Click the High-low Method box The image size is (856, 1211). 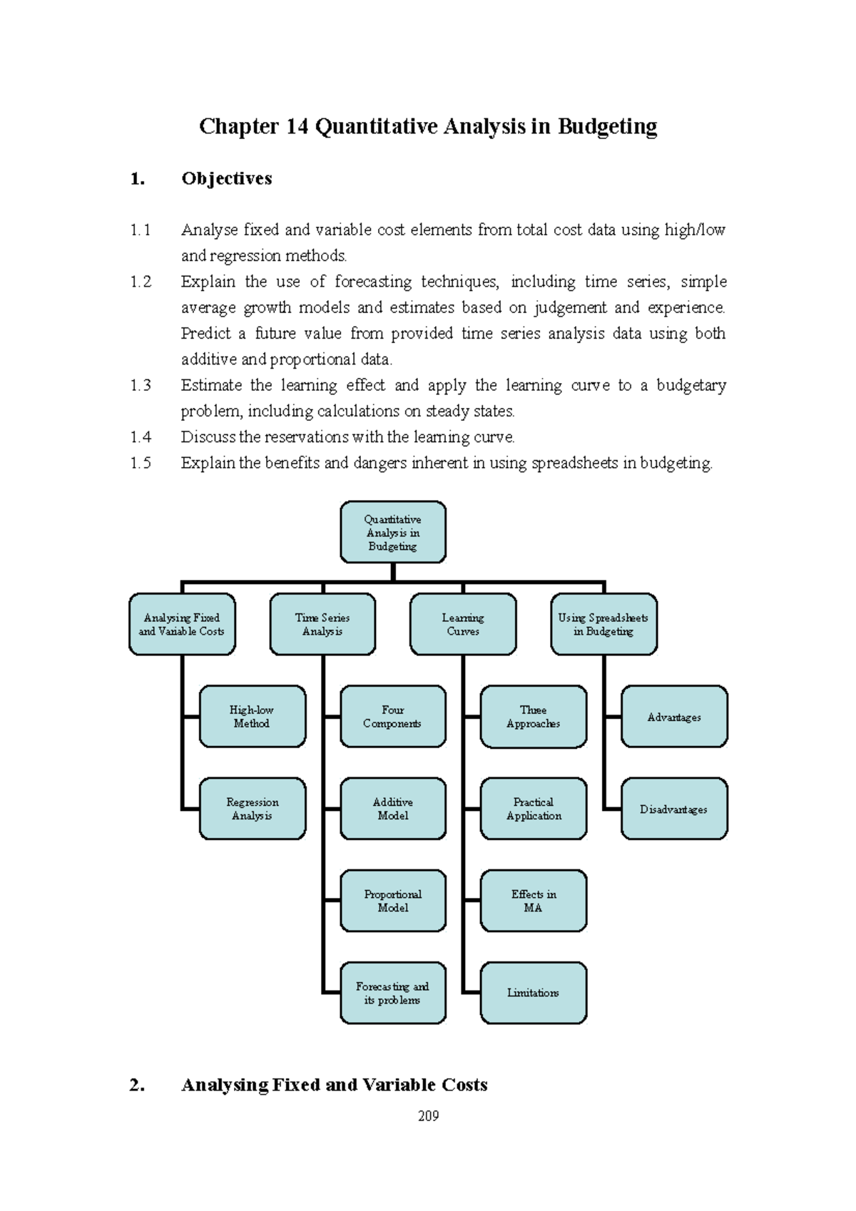pos(253,717)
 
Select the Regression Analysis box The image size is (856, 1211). pos(253,809)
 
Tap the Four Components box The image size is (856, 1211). pos(393,717)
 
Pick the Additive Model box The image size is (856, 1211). pos(393,809)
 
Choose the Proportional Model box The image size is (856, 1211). pos(393,901)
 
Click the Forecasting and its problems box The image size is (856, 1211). pos(393,993)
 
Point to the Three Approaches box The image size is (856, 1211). pos(534,717)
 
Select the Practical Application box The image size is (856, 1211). pos(534,809)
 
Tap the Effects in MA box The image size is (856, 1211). pos(534,901)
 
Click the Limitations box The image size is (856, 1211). pos(534,993)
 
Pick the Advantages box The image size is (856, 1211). pos(674,717)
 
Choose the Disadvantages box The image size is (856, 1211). pos(674,809)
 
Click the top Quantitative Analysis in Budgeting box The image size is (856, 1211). pos(393,532)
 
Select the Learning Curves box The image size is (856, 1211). pos(463,624)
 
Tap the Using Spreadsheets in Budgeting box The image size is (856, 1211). pos(603,624)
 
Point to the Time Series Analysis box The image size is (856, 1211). pos(322,624)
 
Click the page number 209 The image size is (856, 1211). pos(428,1116)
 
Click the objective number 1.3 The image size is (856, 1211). pos(141,386)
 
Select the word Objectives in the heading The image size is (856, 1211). pos(227,178)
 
